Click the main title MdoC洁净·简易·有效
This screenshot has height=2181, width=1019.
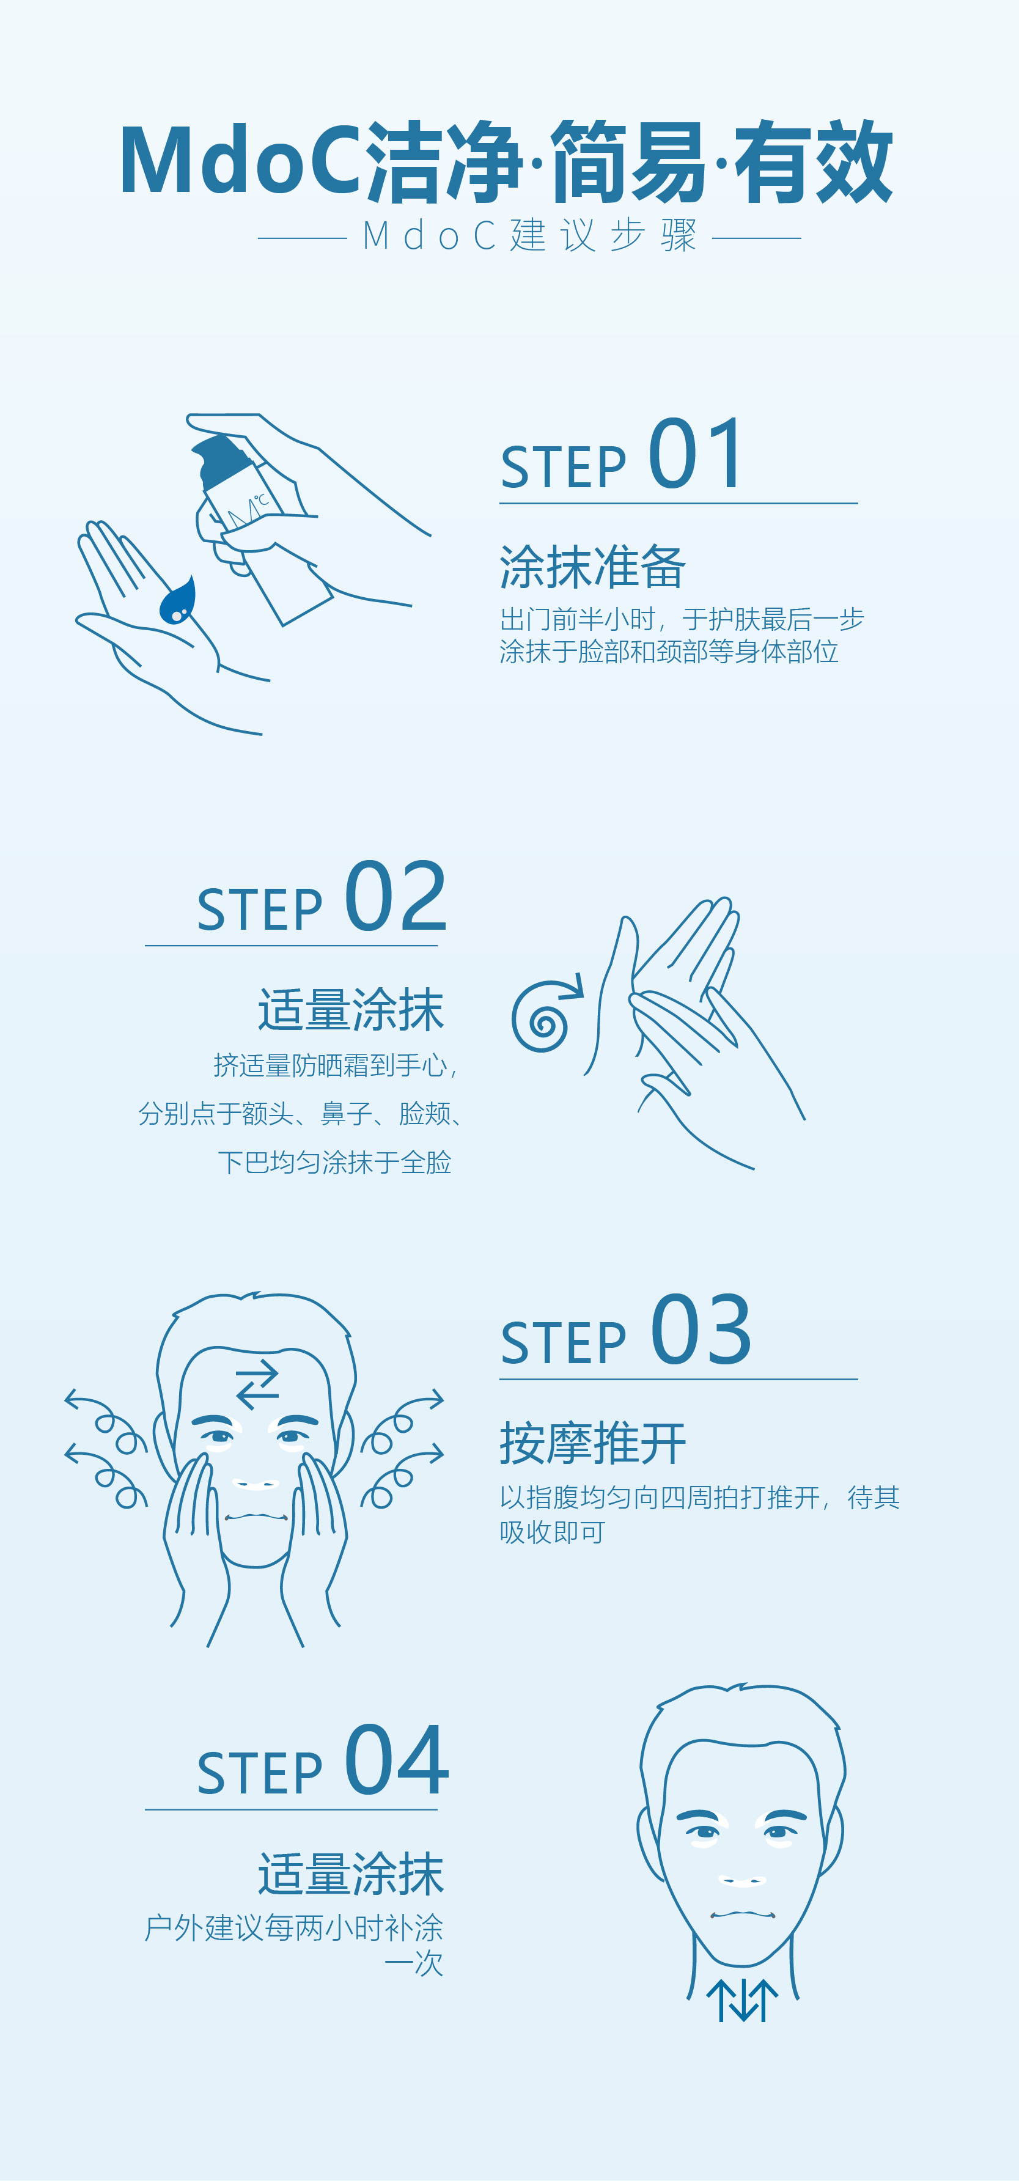pyautogui.click(x=506, y=162)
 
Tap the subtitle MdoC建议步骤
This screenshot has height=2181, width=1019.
pyautogui.click(x=530, y=235)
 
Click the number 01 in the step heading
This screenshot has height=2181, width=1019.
pyautogui.click(x=696, y=454)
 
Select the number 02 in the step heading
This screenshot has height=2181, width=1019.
pyautogui.click(x=396, y=896)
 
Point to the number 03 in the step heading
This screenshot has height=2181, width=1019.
pyautogui.click(x=701, y=1330)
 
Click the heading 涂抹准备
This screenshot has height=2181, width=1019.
pyautogui.click(x=592, y=567)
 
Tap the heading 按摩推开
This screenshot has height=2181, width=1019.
pyautogui.click(x=592, y=1443)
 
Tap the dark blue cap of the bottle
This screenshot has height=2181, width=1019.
pyautogui.click(x=222, y=460)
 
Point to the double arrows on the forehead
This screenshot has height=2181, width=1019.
pyautogui.click(x=257, y=1385)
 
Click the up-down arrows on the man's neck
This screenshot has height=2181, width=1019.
pyautogui.click(x=742, y=2000)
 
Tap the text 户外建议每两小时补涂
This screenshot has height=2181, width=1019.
pyautogui.click(x=293, y=1928)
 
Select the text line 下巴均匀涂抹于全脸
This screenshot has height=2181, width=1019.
pyautogui.click(x=334, y=1161)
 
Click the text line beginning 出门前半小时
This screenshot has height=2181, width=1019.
pyautogui.click(x=682, y=619)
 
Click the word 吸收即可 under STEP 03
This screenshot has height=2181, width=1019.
pyautogui.click(x=552, y=1532)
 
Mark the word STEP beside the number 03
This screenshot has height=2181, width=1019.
pyautogui.click(x=563, y=1343)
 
